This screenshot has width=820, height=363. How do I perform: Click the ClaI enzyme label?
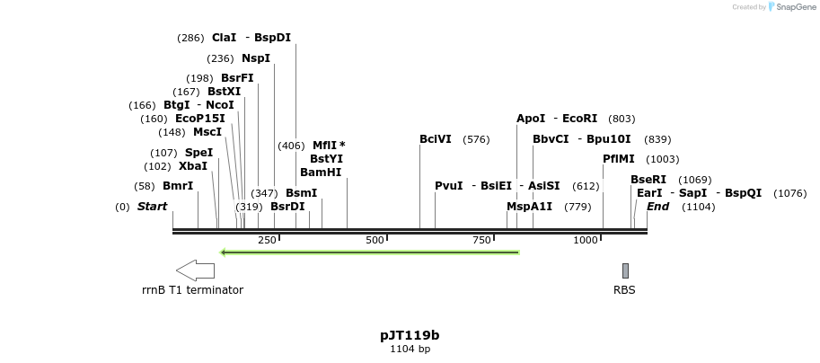click(x=225, y=38)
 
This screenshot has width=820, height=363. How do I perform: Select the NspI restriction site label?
click(x=256, y=58)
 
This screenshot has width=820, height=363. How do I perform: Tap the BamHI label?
click(x=321, y=173)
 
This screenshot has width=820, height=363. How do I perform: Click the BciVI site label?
click(x=436, y=139)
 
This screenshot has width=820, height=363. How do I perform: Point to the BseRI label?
click(x=648, y=180)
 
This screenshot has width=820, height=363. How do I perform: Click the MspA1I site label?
click(x=530, y=207)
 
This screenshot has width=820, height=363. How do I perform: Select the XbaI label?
click(x=193, y=166)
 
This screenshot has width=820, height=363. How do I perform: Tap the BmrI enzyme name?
click(x=178, y=186)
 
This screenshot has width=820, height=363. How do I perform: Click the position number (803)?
click(x=622, y=119)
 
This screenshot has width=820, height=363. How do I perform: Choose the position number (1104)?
click(x=698, y=207)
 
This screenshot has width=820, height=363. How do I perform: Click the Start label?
click(x=152, y=207)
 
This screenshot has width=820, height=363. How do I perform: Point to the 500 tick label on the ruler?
click(x=375, y=240)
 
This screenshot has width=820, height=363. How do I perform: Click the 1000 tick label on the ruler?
click(x=586, y=240)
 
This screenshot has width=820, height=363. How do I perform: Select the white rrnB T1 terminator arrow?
click(x=195, y=270)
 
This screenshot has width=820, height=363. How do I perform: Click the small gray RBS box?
click(x=625, y=270)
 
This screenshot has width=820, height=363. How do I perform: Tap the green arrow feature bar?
click(x=370, y=252)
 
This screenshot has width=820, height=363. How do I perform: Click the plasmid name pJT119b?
click(x=410, y=335)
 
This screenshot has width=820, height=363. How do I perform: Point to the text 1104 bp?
click(x=410, y=349)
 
